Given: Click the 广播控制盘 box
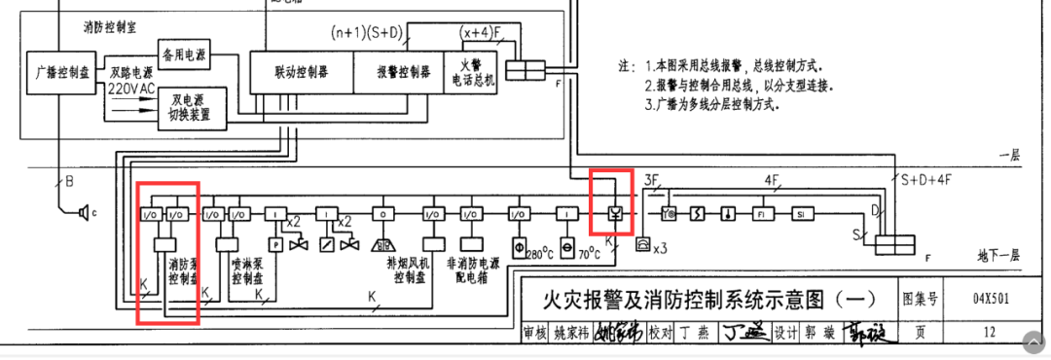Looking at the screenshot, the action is (62, 73).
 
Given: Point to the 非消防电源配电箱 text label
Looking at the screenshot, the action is (471, 270).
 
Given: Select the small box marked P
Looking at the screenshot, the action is (276, 244).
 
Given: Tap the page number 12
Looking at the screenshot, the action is (989, 333).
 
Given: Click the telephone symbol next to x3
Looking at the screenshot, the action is (642, 245).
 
